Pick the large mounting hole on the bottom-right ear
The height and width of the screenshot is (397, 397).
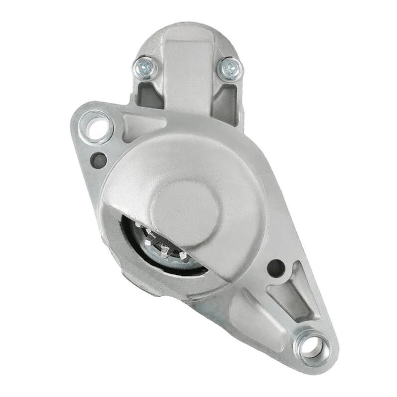[312, 345]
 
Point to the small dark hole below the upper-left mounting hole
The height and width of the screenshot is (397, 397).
[99, 159]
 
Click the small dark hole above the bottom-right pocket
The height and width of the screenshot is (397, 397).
[275, 268]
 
